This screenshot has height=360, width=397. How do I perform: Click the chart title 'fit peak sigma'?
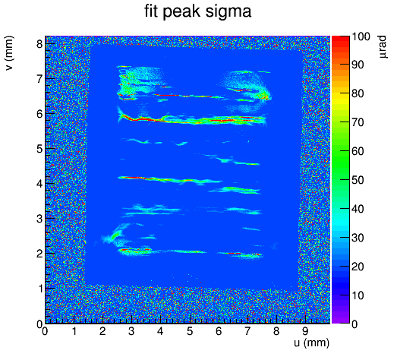197,11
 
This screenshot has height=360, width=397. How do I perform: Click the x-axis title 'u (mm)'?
312,343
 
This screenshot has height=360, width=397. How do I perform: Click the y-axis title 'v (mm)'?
9,53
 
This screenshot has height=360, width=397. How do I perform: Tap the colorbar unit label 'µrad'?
383,47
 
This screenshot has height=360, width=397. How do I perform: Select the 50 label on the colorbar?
358,180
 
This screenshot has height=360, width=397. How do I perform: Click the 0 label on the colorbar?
355,324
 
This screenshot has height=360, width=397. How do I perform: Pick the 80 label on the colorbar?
358,93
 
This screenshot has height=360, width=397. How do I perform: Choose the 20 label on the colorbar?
358,267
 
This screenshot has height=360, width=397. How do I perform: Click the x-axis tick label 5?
190,331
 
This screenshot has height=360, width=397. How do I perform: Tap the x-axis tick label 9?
306,331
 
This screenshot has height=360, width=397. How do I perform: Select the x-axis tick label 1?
74,331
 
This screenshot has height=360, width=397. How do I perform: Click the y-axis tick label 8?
39,44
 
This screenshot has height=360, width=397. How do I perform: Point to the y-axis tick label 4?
39,184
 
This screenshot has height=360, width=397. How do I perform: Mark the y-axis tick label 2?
39,254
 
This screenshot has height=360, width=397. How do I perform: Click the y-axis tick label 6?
39,114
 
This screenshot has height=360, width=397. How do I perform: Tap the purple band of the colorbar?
341,319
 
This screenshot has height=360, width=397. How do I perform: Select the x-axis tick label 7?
247,331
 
